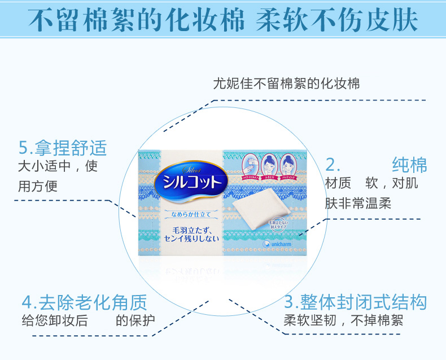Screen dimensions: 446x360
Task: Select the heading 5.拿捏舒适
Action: (x=62, y=148)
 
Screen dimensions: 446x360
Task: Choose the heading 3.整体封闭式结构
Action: (x=355, y=301)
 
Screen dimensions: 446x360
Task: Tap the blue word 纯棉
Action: (x=410, y=165)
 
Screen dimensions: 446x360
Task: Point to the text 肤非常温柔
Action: (x=358, y=203)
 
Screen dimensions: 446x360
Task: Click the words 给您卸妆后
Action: (x=54, y=320)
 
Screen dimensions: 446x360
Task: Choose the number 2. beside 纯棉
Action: (x=333, y=165)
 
